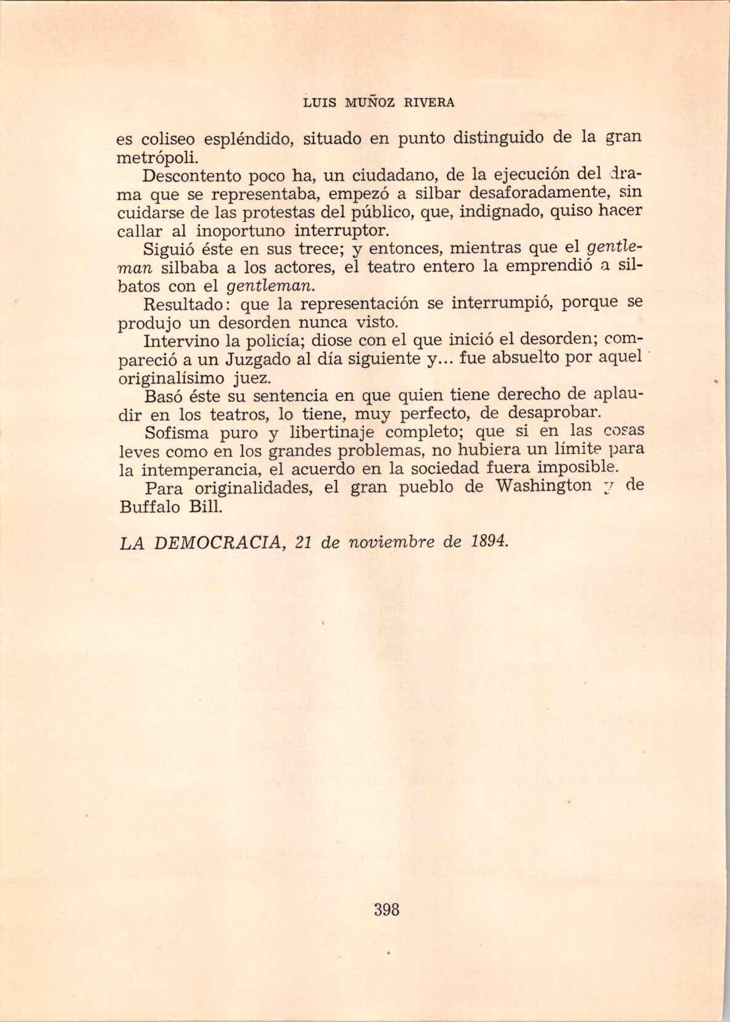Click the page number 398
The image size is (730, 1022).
(386, 910)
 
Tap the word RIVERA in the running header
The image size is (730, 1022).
(429, 103)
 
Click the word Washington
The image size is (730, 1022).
(544, 487)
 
